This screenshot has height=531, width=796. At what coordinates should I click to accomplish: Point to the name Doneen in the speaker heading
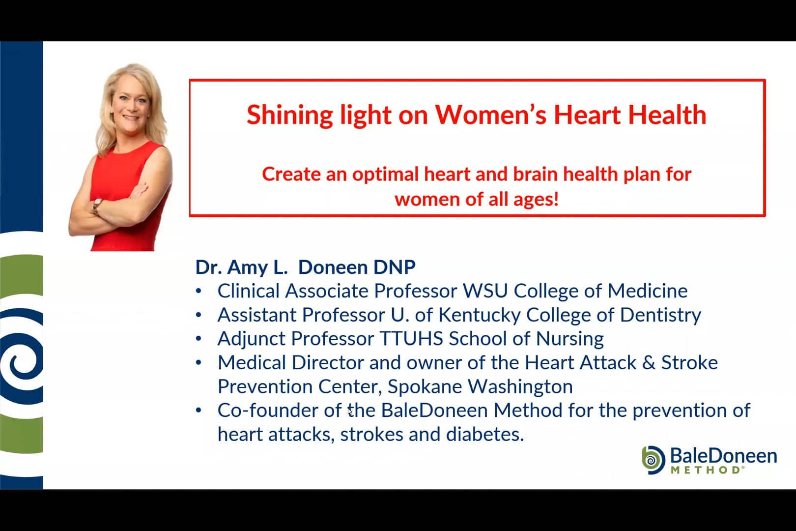pos(333,267)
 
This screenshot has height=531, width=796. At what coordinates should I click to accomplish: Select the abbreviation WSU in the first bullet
pos(485,291)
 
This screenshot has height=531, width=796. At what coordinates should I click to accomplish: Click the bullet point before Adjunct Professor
pos(199,339)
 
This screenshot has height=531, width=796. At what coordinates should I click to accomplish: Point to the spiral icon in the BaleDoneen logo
pos(653,460)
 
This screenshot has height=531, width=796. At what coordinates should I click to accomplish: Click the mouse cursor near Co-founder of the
pos(349,411)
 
